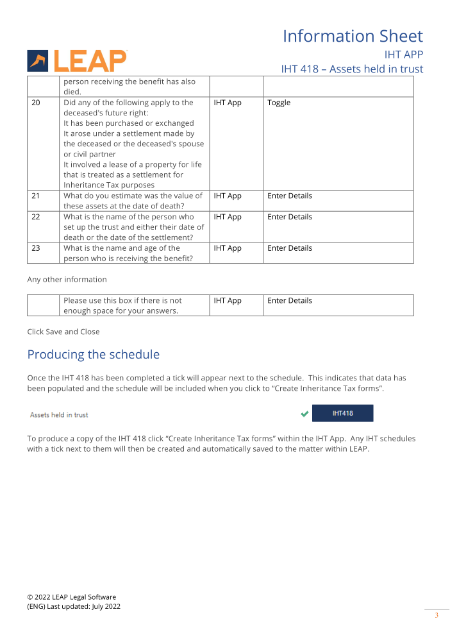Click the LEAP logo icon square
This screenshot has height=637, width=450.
pos(37,61)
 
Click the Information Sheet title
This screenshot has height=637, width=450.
pos(353,36)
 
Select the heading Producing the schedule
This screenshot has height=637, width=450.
pos(93,355)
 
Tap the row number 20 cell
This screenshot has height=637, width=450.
pos(36,103)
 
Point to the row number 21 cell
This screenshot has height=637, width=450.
pos(35,196)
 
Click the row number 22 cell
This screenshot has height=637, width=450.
pos(36,217)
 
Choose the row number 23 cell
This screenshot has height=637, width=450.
pos(36,248)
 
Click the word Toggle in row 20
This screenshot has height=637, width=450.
pos(279,103)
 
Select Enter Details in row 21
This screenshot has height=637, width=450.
pos(290,196)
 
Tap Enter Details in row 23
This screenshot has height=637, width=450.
pos(290,248)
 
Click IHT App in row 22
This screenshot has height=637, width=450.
pos(228,217)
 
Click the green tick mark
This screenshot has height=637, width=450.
pos(304,414)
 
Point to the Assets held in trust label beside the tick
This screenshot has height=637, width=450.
pos(59,415)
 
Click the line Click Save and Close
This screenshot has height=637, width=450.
pos(63,332)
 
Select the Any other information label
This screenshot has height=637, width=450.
pos(67,280)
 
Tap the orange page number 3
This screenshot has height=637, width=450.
pos(437,616)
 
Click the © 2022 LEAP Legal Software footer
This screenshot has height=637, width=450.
pos(72,597)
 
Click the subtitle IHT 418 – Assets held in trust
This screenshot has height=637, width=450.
pos(352,69)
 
